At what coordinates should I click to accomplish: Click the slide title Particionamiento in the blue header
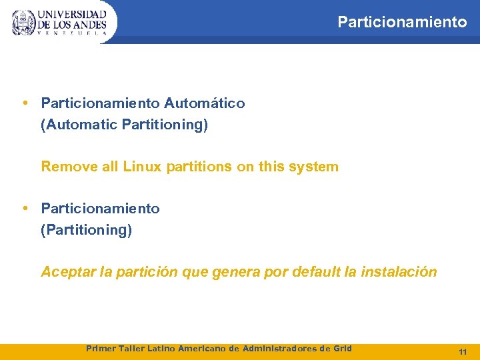click(x=402, y=22)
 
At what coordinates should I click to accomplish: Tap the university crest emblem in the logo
click(x=23, y=23)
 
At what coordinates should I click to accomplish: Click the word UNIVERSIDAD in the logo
click(x=72, y=14)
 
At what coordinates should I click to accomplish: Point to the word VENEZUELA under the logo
click(x=72, y=33)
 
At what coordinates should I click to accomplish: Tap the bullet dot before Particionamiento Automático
click(x=24, y=103)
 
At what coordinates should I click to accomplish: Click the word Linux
click(x=142, y=167)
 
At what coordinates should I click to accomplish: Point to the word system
click(x=313, y=167)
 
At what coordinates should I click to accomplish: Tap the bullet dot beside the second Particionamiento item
click(x=24, y=208)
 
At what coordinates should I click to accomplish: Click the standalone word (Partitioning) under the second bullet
click(x=87, y=230)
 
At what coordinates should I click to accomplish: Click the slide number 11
click(x=463, y=351)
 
